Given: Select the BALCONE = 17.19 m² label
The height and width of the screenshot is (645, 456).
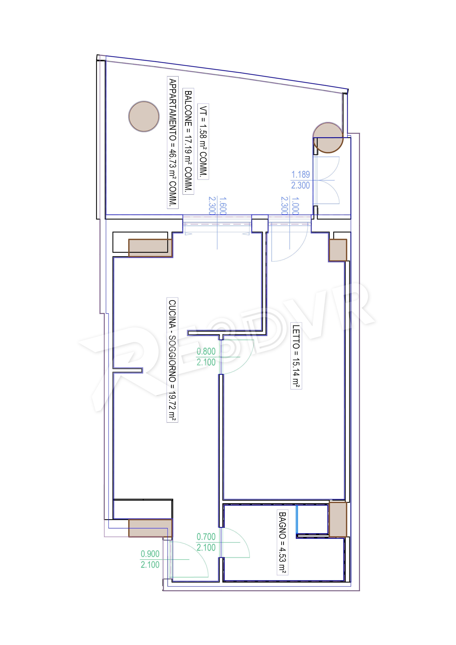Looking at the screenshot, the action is pyautogui.click(x=188, y=141).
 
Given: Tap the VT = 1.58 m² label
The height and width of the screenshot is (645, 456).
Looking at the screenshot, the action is pyautogui.click(x=203, y=141).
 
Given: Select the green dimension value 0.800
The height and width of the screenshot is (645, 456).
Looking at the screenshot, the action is pyautogui.click(x=206, y=351).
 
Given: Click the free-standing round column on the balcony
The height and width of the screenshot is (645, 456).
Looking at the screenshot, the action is pyautogui.click(x=144, y=116).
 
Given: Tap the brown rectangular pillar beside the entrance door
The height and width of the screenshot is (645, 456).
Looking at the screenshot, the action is pyautogui.click(x=150, y=528).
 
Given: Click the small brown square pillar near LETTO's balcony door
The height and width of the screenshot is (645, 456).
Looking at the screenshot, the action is pyautogui.click(x=338, y=250).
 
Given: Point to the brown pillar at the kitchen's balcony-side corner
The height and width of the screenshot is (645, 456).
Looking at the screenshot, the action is pyautogui.click(x=150, y=248).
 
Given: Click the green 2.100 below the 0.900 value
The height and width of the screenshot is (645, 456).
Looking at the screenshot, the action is pyautogui.click(x=150, y=565).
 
